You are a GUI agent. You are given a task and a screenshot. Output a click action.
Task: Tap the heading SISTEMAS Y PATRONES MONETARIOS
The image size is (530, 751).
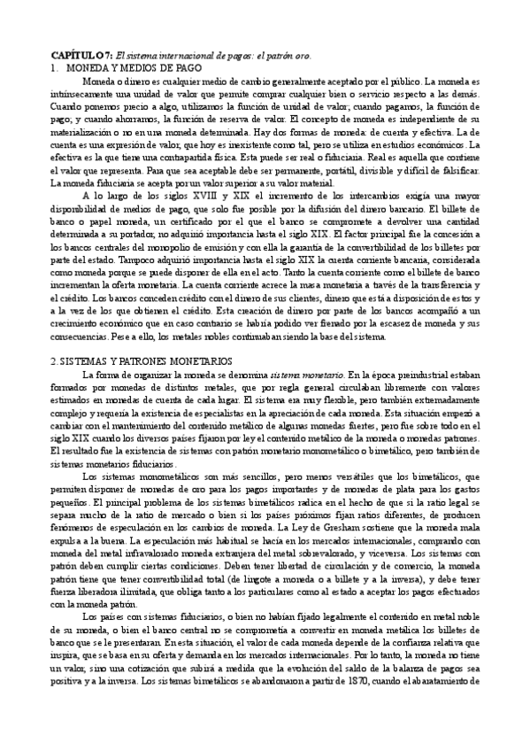click(x=132, y=361)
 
